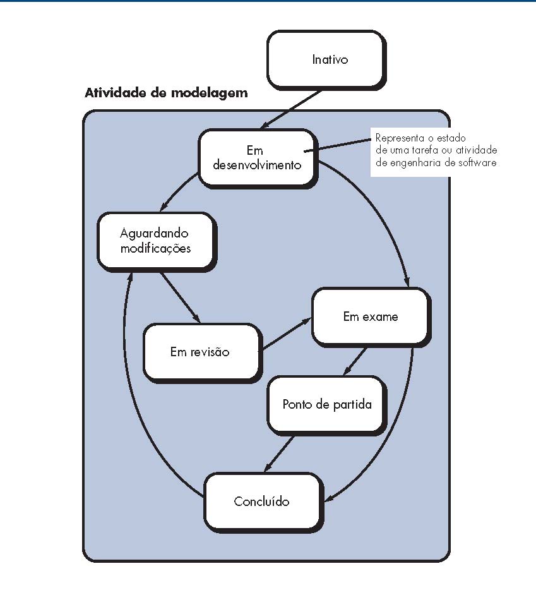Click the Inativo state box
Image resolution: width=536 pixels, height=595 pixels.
coord(325,59)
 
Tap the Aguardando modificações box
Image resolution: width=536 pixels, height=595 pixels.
coord(154,241)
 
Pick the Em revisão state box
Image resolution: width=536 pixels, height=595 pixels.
coord(200,352)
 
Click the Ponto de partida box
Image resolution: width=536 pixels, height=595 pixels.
coord(326,404)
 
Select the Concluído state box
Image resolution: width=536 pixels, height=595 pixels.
coord(261,501)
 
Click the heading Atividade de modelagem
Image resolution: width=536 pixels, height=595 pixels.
coord(166,93)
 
